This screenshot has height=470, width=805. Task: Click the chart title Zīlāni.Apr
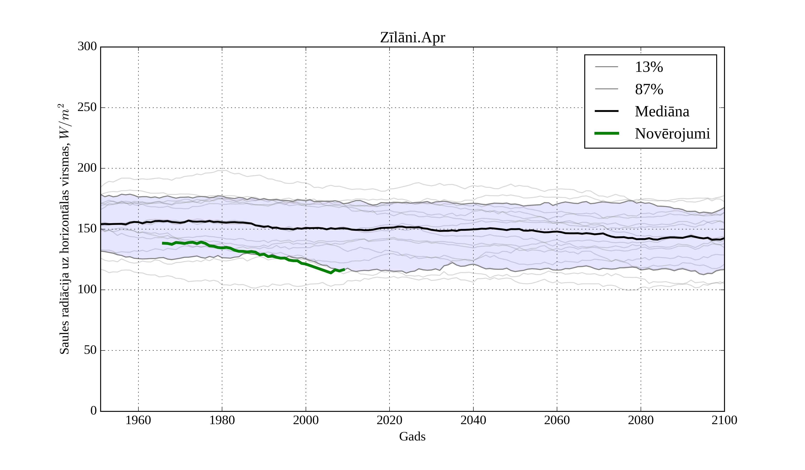point(412,38)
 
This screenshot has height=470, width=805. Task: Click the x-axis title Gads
point(412,436)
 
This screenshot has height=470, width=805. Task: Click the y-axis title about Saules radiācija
point(65,229)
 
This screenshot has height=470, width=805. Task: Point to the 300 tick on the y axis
point(87,47)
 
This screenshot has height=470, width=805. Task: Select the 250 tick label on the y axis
point(87,107)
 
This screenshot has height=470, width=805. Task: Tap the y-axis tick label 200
point(87,168)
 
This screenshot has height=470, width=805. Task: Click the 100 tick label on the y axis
point(87,290)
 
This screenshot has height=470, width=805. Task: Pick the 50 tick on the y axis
point(90,350)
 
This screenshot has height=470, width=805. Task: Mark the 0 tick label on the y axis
point(94,411)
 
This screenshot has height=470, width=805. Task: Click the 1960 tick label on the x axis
point(138,420)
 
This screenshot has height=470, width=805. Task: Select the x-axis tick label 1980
point(222,420)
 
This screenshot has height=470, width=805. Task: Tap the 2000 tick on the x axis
point(306,420)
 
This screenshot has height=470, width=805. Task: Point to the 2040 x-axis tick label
point(473,420)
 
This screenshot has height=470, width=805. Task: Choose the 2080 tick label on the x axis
point(640,420)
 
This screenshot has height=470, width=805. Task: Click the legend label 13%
point(649,67)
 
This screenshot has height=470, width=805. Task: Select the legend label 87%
point(649,89)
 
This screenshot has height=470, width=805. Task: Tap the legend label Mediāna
point(662,112)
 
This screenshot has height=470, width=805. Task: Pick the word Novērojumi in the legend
point(672,134)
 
